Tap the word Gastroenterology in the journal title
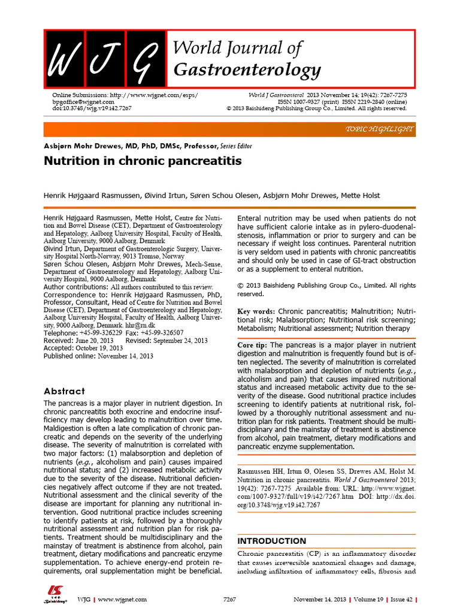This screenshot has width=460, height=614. click(x=247, y=70)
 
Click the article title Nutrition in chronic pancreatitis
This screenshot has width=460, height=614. click(x=143, y=161)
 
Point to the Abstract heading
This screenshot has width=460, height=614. click(x=65, y=391)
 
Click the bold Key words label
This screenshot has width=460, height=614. click(x=256, y=312)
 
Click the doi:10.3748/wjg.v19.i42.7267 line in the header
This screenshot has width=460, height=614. click(x=88, y=109)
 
